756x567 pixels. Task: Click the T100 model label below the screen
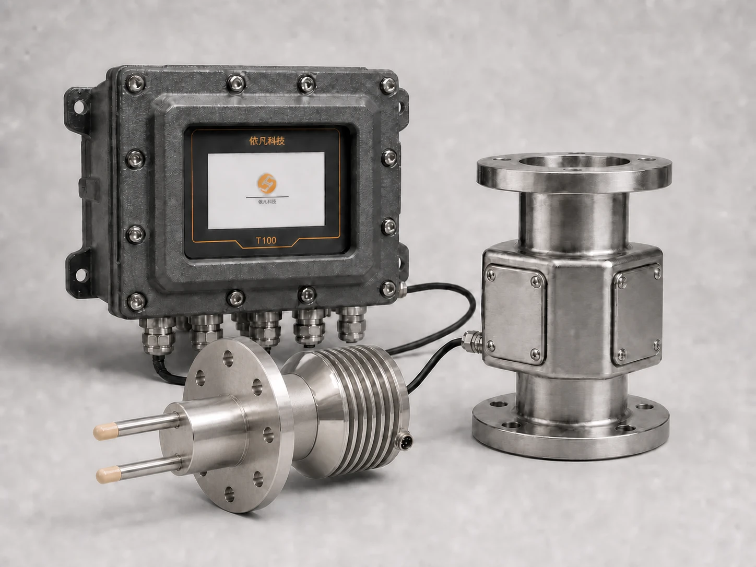click(x=266, y=240)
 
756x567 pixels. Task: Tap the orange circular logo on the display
click(x=267, y=183)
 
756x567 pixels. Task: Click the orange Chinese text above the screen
click(x=267, y=140)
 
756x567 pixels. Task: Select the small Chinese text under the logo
click(x=267, y=202)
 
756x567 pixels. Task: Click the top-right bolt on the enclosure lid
click(x=388, y=86)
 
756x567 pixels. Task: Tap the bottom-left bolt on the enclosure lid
click(x=136, y=302)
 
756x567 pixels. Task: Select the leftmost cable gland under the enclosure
click(x=157, y=336)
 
